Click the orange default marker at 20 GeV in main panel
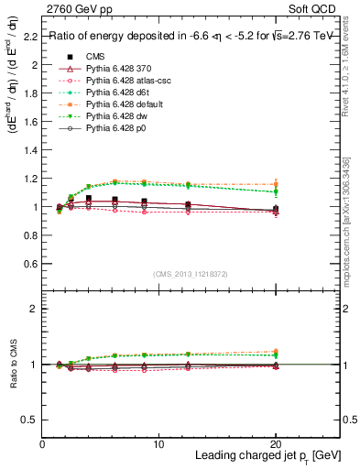[276, 185]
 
